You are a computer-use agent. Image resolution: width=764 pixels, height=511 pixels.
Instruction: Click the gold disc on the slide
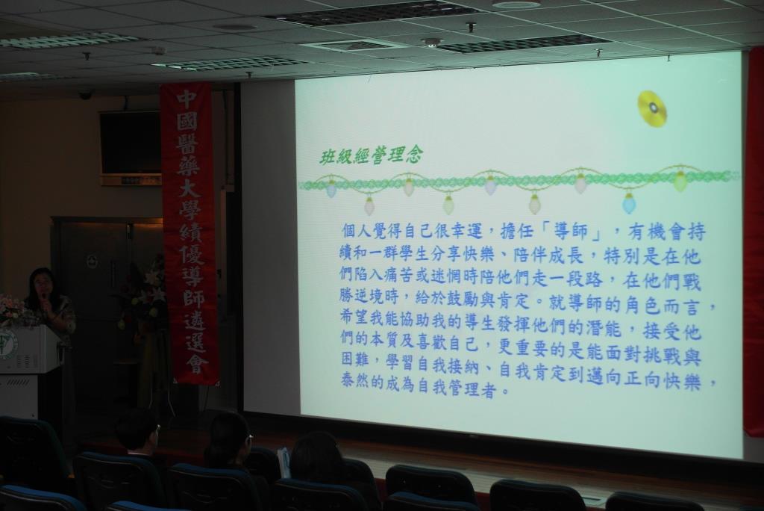[652, 108]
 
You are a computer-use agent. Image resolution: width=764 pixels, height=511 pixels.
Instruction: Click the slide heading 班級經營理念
[371, 156]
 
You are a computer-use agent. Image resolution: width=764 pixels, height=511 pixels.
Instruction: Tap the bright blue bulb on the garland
[629, 203]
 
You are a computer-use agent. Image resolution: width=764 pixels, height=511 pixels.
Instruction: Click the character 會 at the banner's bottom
[196, 364]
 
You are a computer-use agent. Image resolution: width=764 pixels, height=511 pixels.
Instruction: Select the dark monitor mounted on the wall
[130, 142]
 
